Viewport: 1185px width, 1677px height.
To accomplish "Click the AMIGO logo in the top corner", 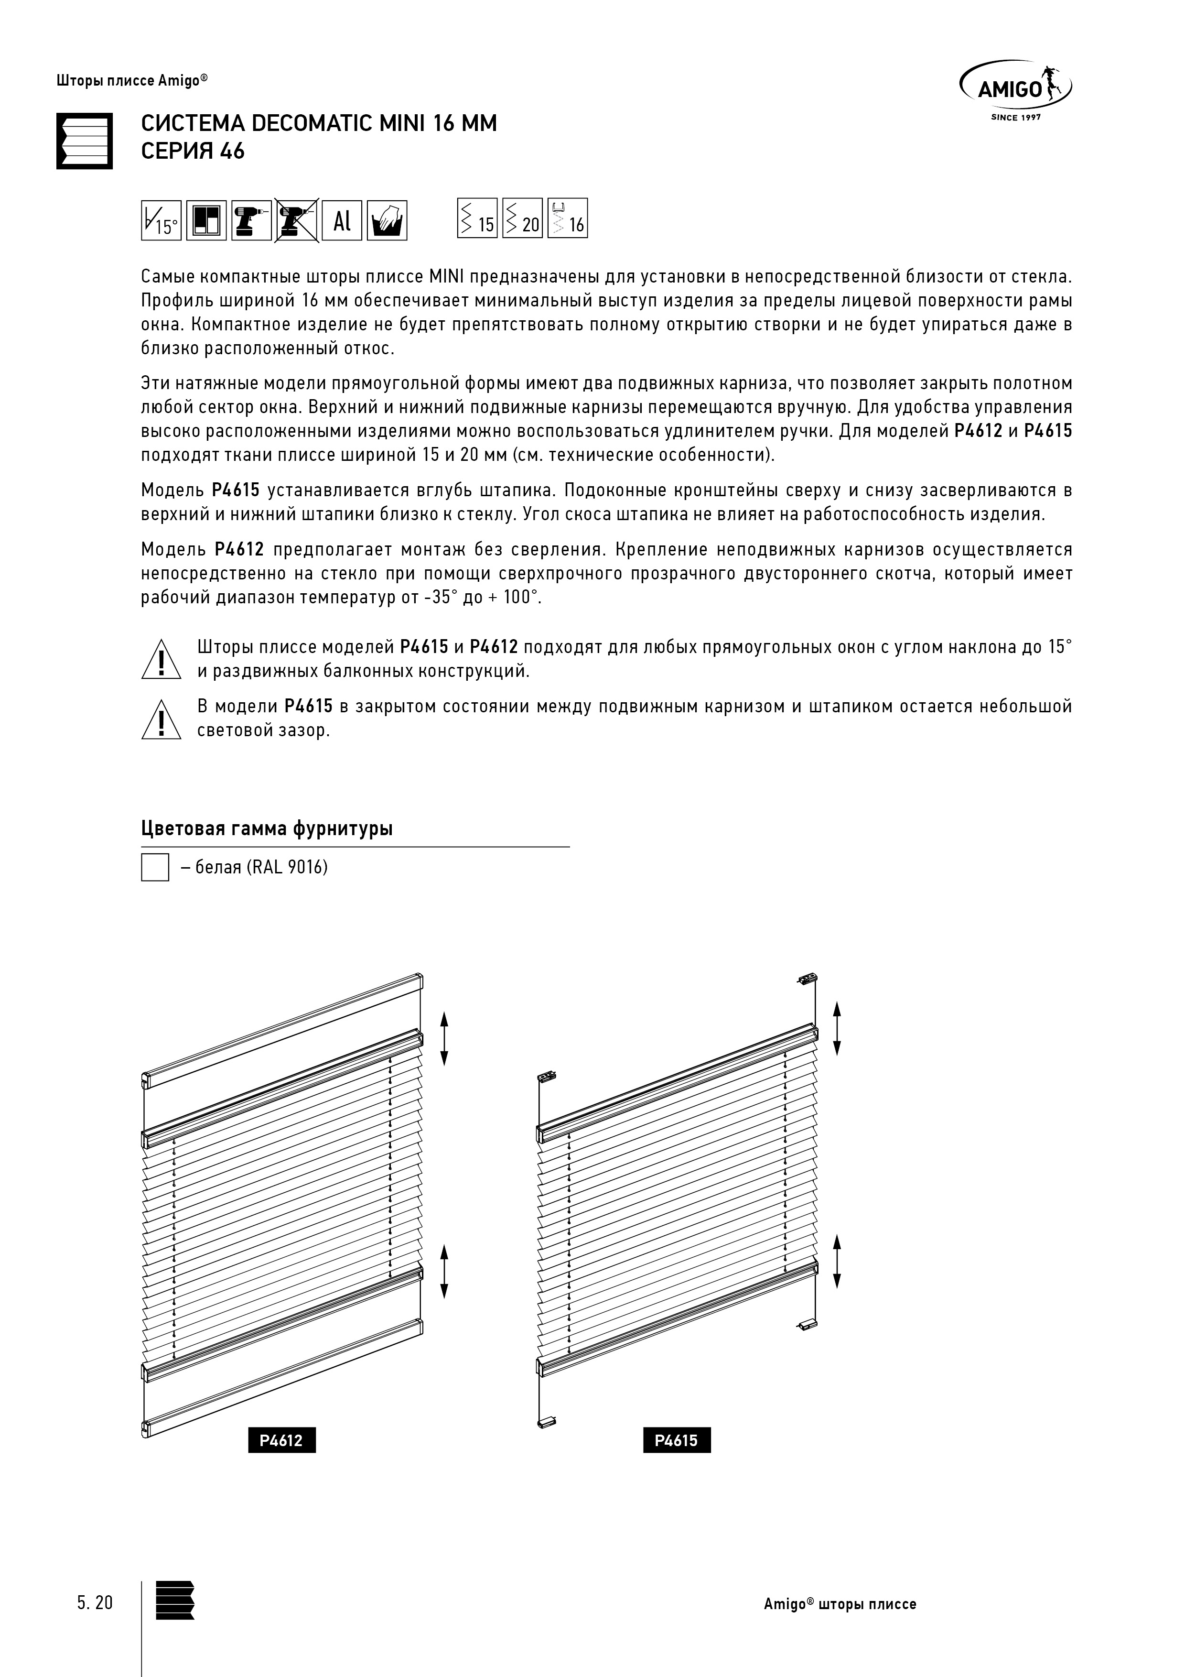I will pyautogui.click(x=1015, y=89).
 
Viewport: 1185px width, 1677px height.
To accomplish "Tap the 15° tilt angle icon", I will pyautogui.click(x=161, y=220).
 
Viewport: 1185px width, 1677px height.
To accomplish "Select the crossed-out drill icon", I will pyautogui.click(x=296, y=220).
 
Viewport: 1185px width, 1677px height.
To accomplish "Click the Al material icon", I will pyautogui.click(x=342, y=220).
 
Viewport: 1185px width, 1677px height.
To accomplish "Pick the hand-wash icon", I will pyautogui.click(x=387, y=220).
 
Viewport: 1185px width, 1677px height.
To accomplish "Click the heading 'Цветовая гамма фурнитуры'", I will pyautogui.click(x=267, y=829).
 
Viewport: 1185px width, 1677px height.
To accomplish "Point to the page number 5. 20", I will pyautogui.click(x=95, y=1602).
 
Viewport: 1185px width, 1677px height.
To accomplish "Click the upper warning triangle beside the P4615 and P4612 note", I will pyautogui.click(x=161, y=660).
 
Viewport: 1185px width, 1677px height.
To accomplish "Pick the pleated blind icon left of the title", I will pyautogui.click(x=85, y=141).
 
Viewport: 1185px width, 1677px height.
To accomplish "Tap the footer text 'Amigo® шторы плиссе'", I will pyautogui.click(x=840, y=1604).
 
